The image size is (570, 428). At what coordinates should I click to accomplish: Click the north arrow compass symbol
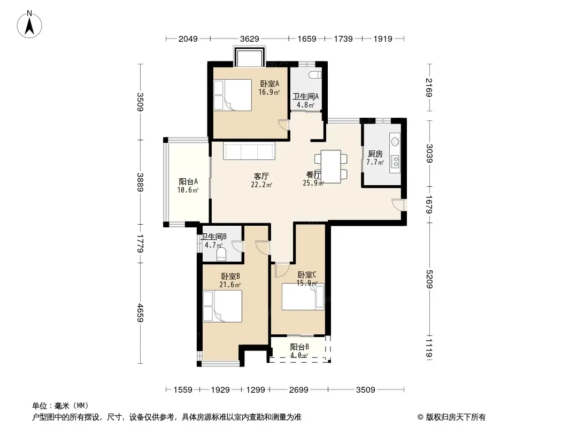pos(29,25)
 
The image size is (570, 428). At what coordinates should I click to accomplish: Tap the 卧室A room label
pos(269,83)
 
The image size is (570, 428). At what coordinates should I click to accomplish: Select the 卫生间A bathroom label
pos(305,96)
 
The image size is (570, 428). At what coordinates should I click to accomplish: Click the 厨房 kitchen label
pos(375,154)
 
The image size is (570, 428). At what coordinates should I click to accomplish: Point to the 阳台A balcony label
pos(188,181)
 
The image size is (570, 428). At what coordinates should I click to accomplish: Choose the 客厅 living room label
pos(261,177)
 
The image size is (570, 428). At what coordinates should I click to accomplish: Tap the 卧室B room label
pos(230,277)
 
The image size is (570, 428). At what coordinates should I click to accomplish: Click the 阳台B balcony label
pos(299,347)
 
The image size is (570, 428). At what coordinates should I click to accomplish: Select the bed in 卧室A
pos(232,95)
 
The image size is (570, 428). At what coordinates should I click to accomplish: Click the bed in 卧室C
pos(303,297)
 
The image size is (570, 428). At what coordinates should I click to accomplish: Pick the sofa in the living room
pos(249,150)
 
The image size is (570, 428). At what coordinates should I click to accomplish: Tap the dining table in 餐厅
pos(331,166)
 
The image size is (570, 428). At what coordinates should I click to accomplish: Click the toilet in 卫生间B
pos(221,255)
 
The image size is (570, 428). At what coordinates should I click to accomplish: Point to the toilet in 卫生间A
pos(315,75)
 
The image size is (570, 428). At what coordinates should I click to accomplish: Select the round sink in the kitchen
pos(395,141)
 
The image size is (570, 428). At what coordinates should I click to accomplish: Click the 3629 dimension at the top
pos(249,39)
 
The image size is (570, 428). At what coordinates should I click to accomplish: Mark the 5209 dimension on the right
pos(429,279)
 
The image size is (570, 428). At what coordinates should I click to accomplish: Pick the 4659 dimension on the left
pos(140,312)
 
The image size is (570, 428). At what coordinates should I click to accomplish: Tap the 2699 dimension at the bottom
pos(298,390)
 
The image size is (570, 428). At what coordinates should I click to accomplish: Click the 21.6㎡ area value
pos(230,285)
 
